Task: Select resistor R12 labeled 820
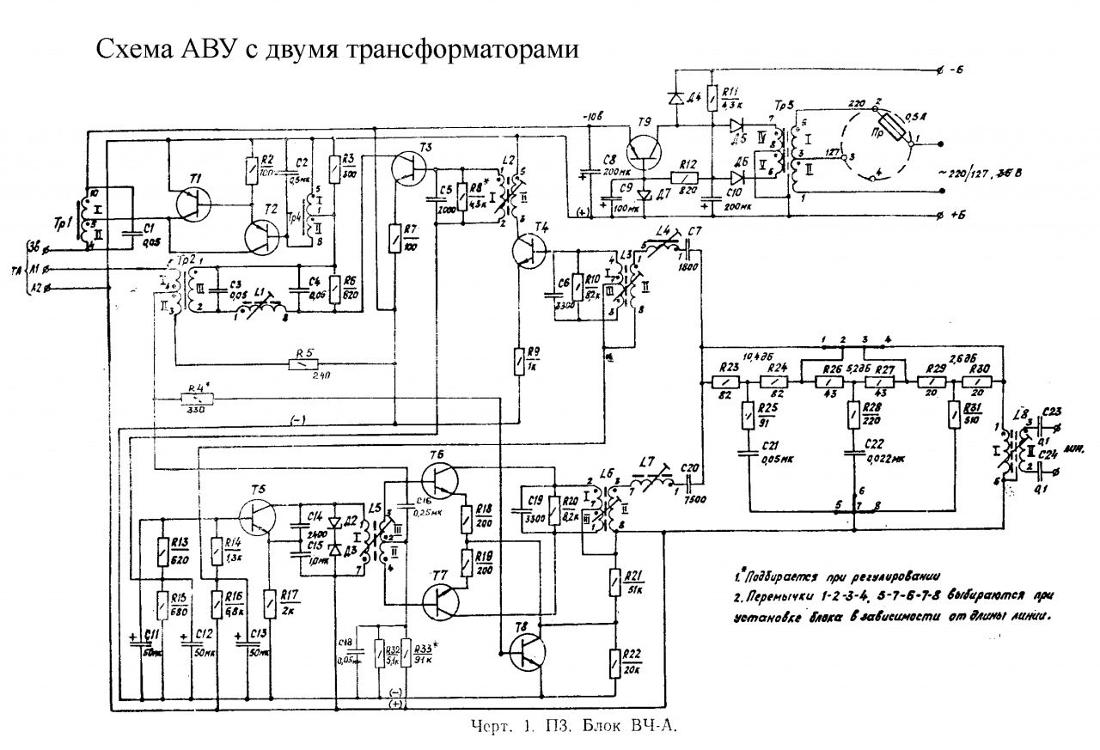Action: pyautogui.click(x=683, y=175)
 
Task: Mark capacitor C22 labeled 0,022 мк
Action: pyautogui.click(x=853, y=452)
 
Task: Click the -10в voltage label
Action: pyautogui.click(x=592, y=117)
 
